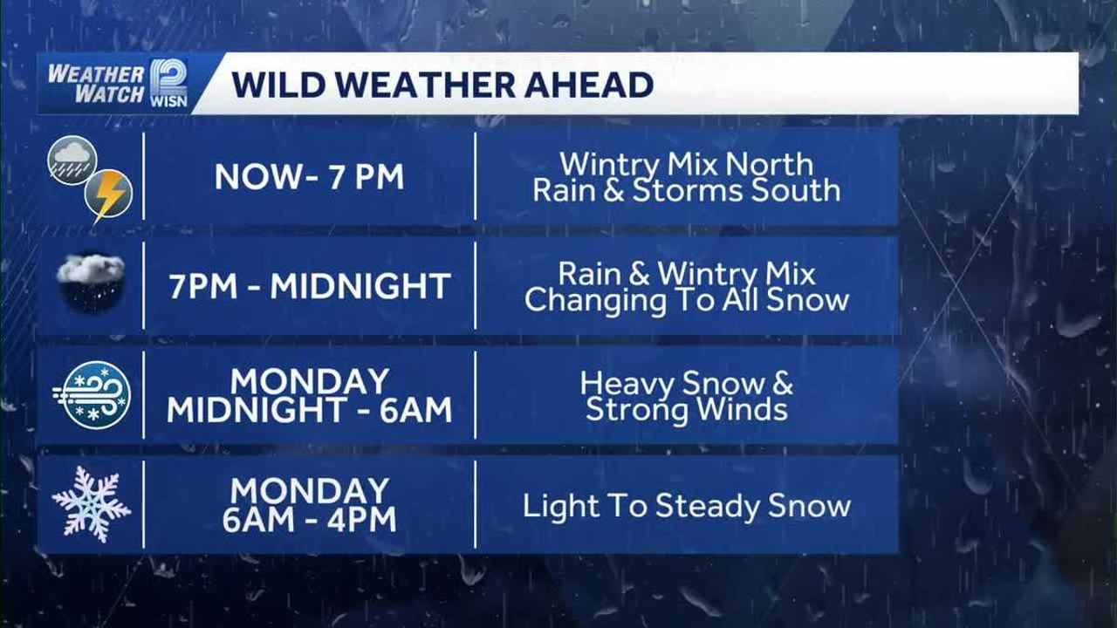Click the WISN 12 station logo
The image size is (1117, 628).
point(169,83)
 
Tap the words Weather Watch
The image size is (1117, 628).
point(96,84)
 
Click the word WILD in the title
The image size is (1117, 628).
point(275,85)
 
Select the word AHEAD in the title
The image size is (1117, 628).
point(589,85)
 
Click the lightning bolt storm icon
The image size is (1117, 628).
point(109,195)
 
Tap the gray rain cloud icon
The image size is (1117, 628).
point(72,160)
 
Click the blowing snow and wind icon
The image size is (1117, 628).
point(93,395)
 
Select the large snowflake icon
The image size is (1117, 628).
point(92,504)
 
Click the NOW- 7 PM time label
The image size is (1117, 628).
point(309,176)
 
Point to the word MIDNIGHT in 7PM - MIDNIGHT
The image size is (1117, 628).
point(361,286)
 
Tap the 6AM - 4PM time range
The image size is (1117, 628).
point(309,519)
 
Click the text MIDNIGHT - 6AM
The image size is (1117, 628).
point(309,410)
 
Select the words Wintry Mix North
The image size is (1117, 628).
point(686,164)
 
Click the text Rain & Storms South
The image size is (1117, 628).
point(686,190)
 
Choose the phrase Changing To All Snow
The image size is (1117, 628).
point(686,301)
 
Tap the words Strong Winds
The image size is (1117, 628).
point(686,410)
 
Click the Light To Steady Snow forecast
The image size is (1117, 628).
point(686,507)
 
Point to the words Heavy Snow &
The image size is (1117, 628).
point(686,384)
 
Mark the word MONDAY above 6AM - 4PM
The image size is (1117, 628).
point(309,491)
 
